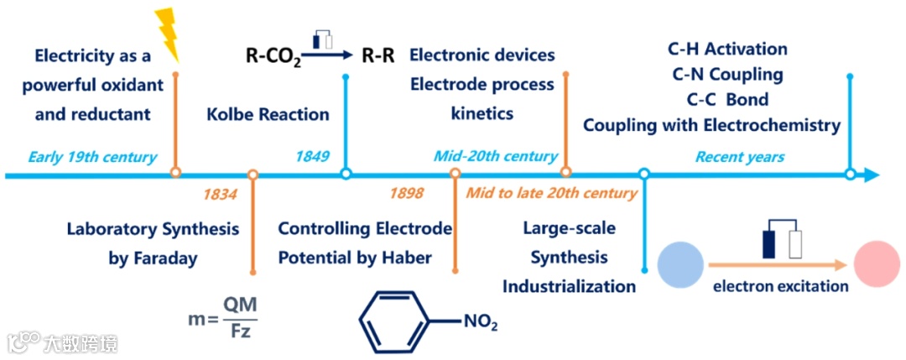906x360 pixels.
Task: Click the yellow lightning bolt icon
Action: [169, 35]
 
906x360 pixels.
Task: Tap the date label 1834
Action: [221, 194]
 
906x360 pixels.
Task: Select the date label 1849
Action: [312, 156]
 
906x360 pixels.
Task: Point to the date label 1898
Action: [407, 194]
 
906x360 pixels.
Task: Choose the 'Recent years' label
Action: [739, 156]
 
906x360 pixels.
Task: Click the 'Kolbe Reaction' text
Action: [268, 114]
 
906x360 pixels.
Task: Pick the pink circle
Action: [877, 263]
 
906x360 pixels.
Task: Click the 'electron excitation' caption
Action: [780, 286]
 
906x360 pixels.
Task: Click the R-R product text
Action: [378, 57]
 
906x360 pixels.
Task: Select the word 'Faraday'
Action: [164, 258]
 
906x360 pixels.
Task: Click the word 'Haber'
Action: [406, 258]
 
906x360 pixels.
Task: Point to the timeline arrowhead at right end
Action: [872, 175]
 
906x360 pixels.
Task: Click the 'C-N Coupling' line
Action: [727, 74]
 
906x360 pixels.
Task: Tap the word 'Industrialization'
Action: [569, 286]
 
